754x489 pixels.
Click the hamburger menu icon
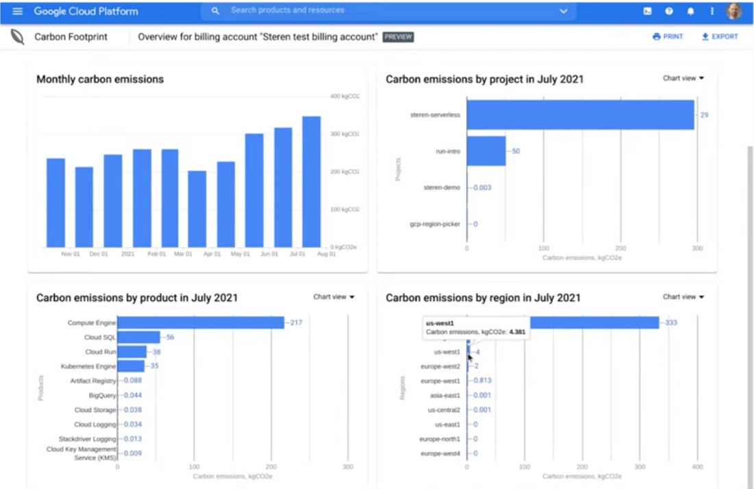[18, 11]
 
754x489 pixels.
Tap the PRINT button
[668, 36]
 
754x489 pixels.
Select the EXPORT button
[720, 36]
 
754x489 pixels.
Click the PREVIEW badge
[398, 36]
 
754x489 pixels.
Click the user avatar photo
[734, 11]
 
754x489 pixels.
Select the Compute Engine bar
[201, 322]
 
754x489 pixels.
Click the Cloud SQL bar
[139, 337]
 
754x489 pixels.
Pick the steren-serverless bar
[581, 115]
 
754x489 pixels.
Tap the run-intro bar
[486, 151]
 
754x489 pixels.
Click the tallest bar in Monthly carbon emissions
[311, 182]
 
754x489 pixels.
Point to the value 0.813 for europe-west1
[482, 381]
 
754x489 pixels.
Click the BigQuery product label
[103, 396]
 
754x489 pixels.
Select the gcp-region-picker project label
[435, 224]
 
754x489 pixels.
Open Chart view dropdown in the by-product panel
[334, 297]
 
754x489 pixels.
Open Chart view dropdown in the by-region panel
[683, 297]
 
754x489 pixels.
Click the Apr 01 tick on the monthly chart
[212, 254]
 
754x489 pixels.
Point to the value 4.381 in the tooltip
[517, 332]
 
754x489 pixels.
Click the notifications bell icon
[691, 11]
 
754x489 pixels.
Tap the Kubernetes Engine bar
[131, 366]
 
